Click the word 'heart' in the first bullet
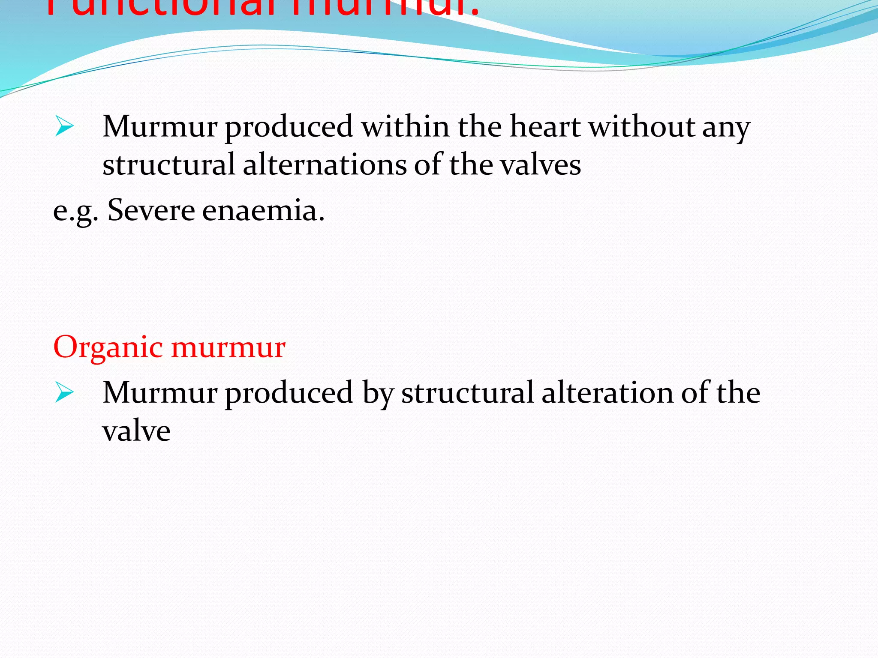tap(545, 127)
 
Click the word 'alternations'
tap(325, 165)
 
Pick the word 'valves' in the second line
tap(541, 165)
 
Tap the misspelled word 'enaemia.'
tap(263, 211)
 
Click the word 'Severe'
tap(151, 211)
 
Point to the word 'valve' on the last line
tap(136, 431)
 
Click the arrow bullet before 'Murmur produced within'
tap(64, 127)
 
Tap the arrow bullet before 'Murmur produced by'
tap(64, 393)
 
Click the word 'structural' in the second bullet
tap(468, 392)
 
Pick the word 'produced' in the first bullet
tap(289, 128)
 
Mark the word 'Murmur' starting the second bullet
tap(159, 392)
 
